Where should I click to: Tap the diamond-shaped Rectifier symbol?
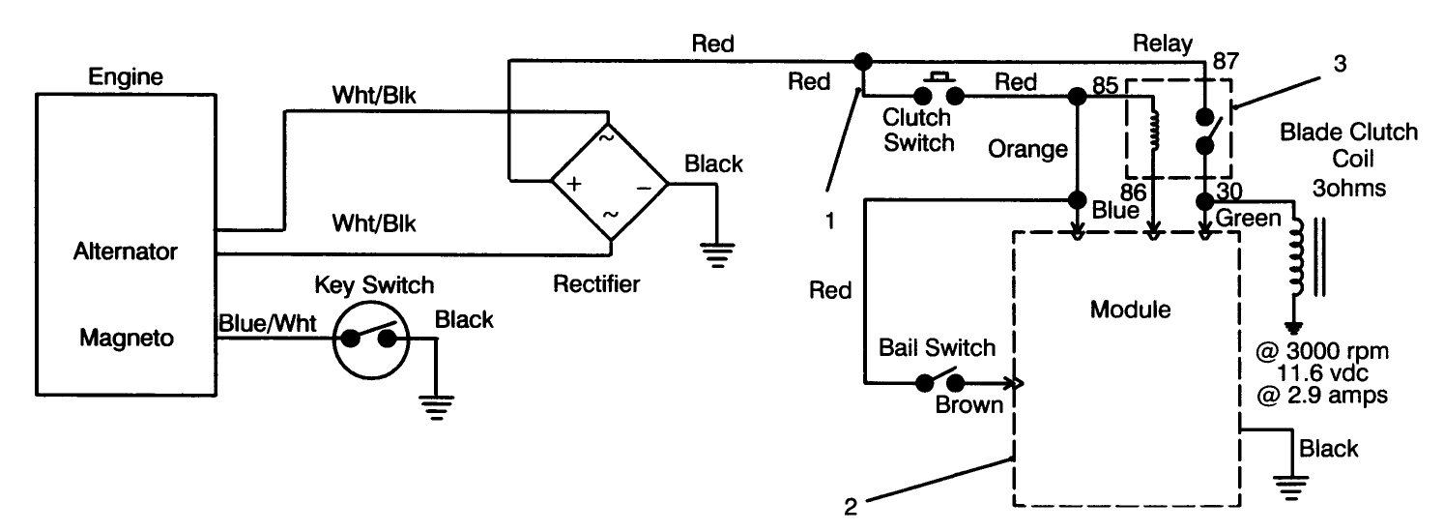tap(609, 182)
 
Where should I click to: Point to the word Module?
tap(1130, 310)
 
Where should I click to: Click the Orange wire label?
tap(1027, 149)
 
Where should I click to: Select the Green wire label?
tap(1247, 219)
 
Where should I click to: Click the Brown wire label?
tap(968, 404)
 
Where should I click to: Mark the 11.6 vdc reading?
tap(1337, 374)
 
